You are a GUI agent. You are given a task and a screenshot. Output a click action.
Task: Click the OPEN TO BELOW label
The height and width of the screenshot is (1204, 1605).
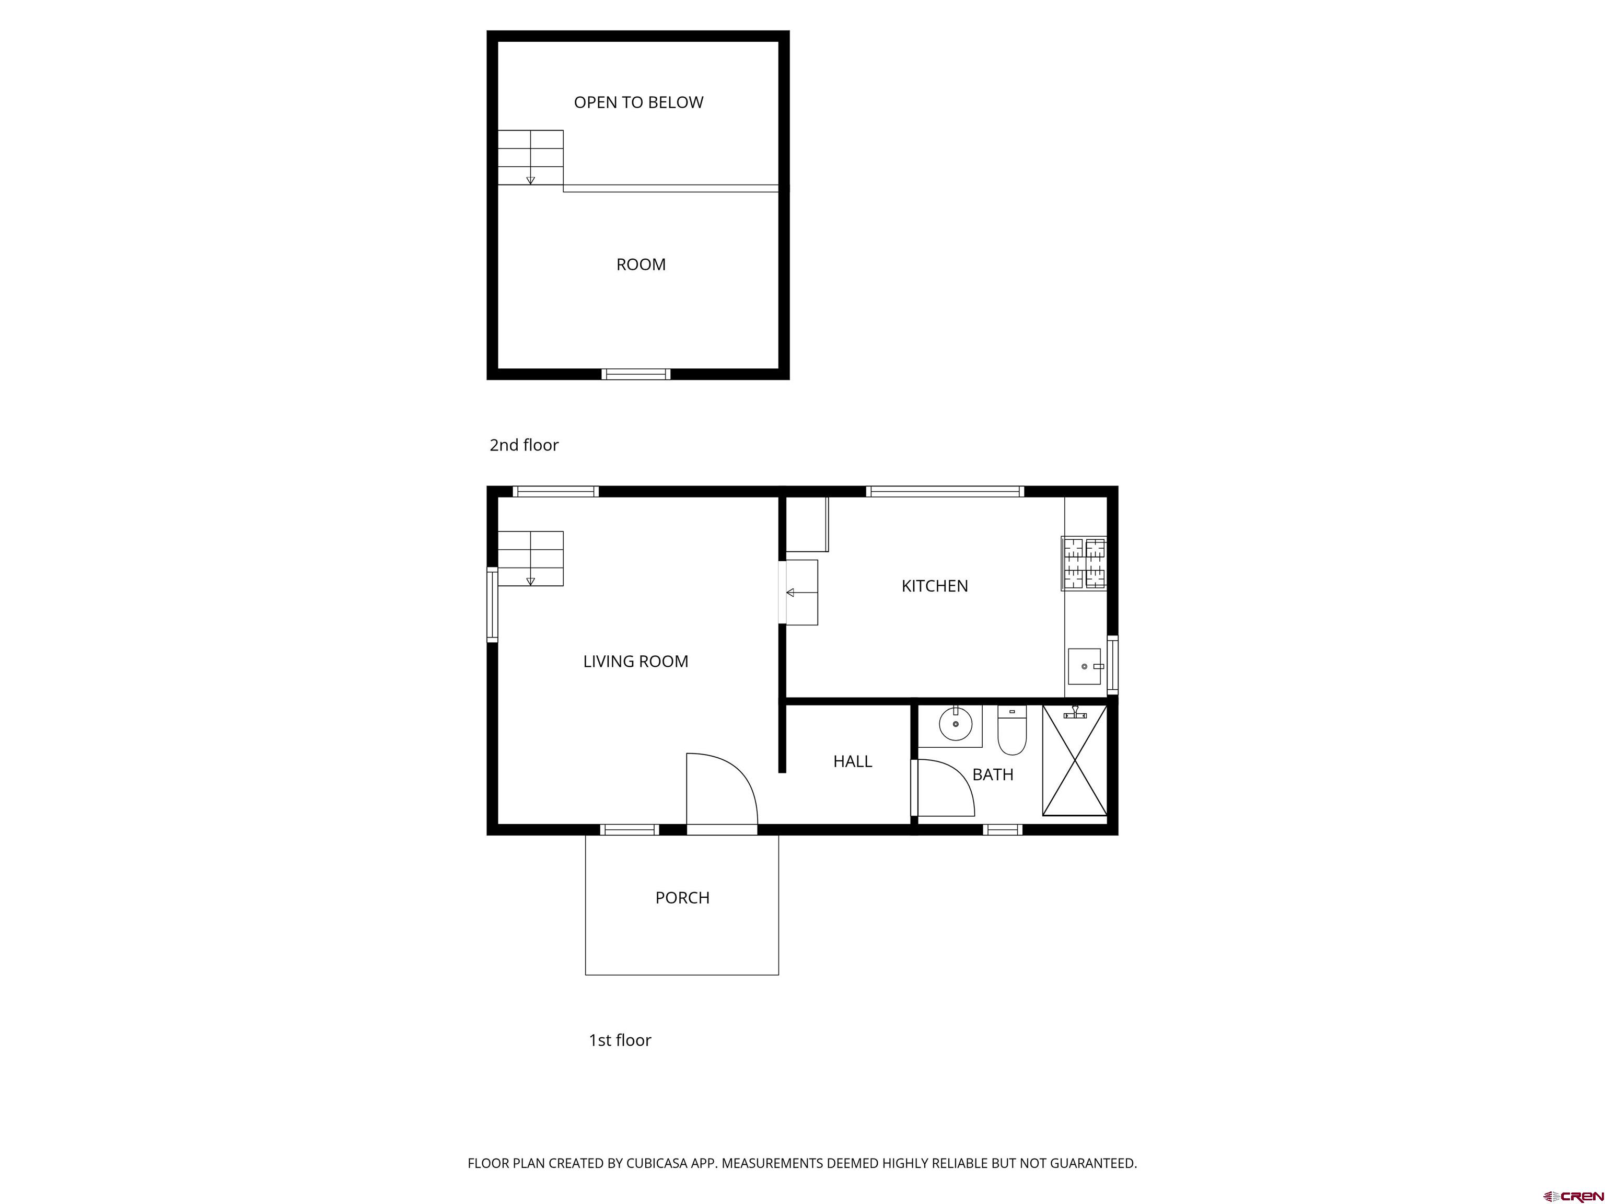pos(638,102)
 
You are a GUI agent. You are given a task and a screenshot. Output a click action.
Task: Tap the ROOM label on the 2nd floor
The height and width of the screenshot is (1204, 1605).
pos(641,265)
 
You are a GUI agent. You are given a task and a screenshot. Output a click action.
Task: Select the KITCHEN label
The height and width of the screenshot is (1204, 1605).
pos(935,586)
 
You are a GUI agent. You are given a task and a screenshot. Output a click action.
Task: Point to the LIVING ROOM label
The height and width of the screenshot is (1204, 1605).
pos(636,661)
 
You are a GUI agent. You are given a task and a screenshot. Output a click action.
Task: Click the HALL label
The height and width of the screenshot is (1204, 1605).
pos(853,761)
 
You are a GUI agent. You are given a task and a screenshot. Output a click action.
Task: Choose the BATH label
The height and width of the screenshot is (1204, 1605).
pos(993,774)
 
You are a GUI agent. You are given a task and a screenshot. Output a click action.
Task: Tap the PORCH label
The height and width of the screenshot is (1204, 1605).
pos(682,898)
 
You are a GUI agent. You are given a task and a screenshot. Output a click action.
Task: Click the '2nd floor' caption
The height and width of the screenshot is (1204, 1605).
pos(524,445)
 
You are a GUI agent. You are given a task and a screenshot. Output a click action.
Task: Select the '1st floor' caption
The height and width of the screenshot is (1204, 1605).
pos(620,1040)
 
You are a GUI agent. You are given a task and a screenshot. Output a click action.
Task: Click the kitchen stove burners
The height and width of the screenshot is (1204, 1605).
pos(1084,563)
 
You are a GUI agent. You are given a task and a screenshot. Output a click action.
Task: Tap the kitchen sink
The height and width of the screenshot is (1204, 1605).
pos(1084,666)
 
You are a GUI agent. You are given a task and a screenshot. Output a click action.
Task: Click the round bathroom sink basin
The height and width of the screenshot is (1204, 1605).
pos(956,724)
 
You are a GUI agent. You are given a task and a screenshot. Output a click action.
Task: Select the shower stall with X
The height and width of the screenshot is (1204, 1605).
pos(1075,760)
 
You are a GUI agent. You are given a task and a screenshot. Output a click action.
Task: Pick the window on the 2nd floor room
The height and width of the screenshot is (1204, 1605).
pos(636,374)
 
